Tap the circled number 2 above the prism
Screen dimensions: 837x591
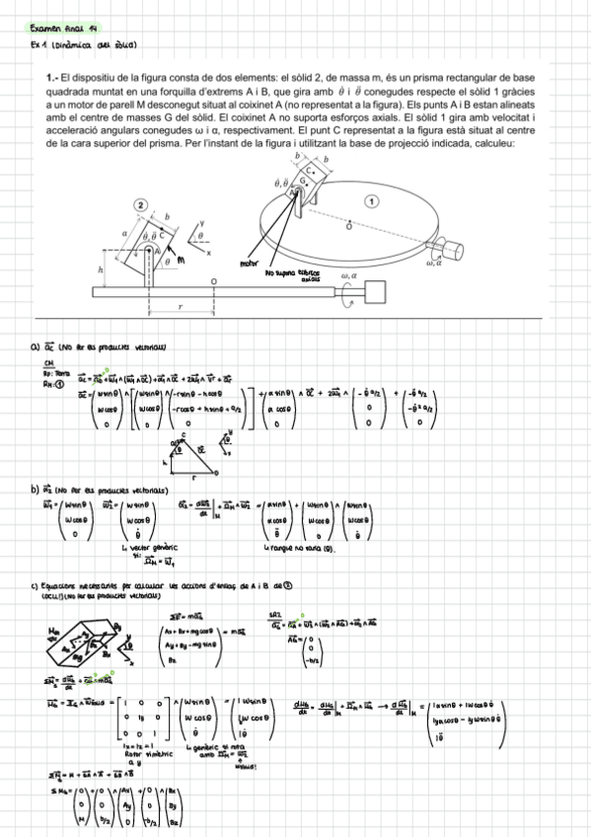pyautogui.click(x=142, y=204)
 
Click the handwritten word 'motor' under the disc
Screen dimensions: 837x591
pyautogui.click(x=253, y=265)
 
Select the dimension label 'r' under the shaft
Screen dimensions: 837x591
pyautogui.click(x=181, y=307)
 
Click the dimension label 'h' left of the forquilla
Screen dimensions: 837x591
pyautogui.click(x=101, y=270)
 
